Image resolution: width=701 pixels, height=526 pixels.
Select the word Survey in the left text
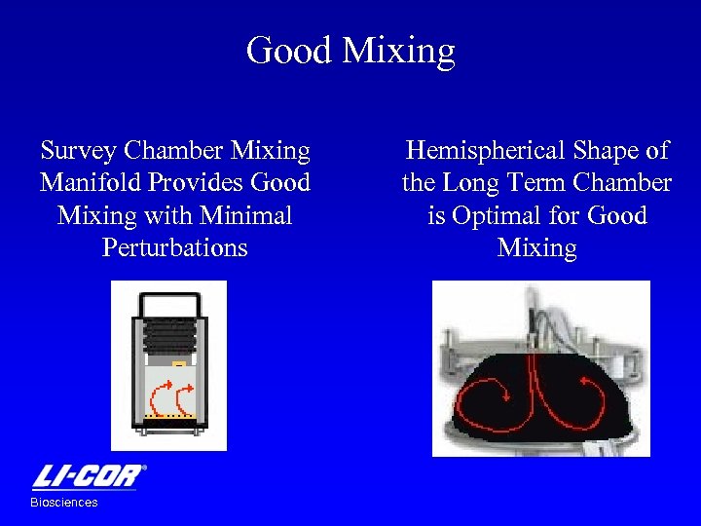(79, 151)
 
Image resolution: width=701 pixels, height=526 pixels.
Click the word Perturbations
(175, 246)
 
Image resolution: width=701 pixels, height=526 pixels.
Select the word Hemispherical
(485, 151)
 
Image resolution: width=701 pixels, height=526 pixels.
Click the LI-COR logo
(89, 476)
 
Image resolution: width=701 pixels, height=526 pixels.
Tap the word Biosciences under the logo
(64, 503)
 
